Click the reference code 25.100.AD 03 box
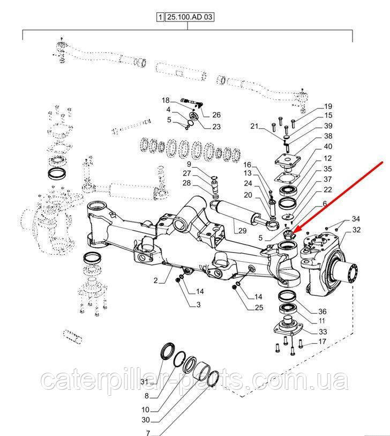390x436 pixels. pyautogui.click(x=190, y=17)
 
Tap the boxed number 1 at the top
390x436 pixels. pyautogui.click(x=160, y=17)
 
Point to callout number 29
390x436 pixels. pyautogui.click(x=243, y=231)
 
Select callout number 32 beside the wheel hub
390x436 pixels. pyautogui.click(x=357, y=230)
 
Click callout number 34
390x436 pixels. pyautogui.click(x=356, y=219)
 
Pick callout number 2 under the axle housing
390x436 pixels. pyautogui.click(x=155, y=280)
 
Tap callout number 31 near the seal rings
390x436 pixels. pyautogui.click(x=144, y=381)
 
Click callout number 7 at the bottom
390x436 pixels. pyautogui.click(x=148, y=433)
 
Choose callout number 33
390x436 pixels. pyautogui.click(x=323, y=332)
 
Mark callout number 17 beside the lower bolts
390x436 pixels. pyautogui.click(x=322, y=341)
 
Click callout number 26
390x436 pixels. pyautogui.click(x=216, y=115)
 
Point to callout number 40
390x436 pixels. pyautogui.click(x=328, y=146)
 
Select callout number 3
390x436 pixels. pyautogui.click(x=198, y=305)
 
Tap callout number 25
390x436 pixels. pyautogui.click(x=259, y=307)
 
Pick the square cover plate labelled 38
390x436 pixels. pyautogui.click(x=288, y=161)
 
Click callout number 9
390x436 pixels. pyautogui.click(x=189, y=164)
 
